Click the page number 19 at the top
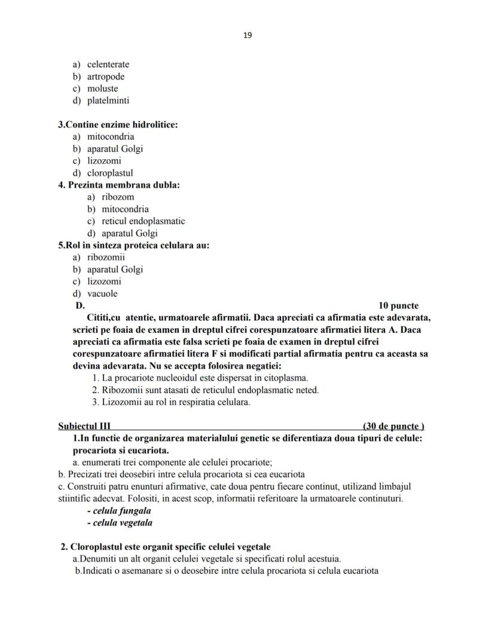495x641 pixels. coord(247,35)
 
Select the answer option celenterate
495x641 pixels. coord(108,65)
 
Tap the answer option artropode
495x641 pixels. coord(106,77)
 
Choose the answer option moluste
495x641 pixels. coord(103,89)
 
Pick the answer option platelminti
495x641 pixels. coord(108,101)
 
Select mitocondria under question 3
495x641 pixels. coord(111,136)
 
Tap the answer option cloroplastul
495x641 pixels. coord(110,173)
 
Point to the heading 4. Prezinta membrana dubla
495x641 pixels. coord(119,185)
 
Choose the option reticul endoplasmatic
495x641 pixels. coord(143,221)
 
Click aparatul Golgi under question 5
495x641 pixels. coord(115,269)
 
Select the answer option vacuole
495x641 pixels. coord(102,293)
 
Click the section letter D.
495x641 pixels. coord(80,306)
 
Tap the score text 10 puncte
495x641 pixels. coord(399,306)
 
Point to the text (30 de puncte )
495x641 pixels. coord(393,426)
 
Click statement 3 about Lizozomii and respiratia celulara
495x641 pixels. coord(171,402)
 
